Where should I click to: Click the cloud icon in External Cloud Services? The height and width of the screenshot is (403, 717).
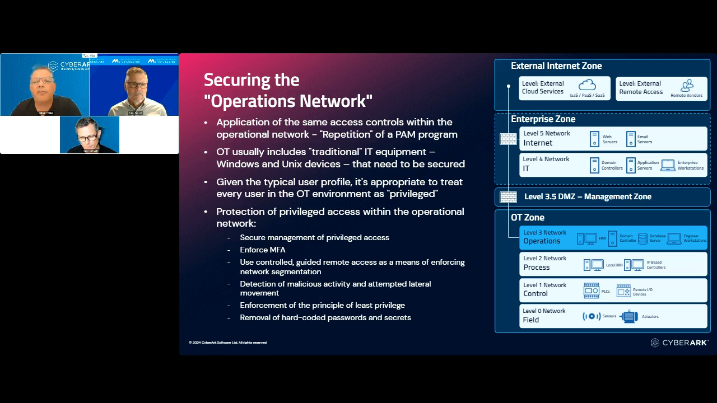coord(587,85)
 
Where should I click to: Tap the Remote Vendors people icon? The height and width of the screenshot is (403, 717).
coord(687,85)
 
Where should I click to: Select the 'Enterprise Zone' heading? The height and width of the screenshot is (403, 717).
coord(543,119)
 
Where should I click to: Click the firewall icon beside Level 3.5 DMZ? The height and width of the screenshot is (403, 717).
coord(508,197)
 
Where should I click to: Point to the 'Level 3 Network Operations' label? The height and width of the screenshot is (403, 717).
coord(544,237)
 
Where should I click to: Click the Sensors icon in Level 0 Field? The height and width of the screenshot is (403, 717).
coord(592,316)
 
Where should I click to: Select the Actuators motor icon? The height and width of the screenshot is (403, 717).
coord(629,316)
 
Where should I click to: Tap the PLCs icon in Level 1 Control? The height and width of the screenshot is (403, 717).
coord(592,290)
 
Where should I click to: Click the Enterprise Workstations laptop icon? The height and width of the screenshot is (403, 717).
coord(668,165)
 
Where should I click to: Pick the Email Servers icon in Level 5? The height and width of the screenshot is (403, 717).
coord(631,139)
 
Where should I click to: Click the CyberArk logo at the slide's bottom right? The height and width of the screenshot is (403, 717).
coord(679,343)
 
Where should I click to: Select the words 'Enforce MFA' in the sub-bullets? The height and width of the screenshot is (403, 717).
coord(263,250)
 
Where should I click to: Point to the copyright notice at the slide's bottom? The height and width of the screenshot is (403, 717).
coord(227,343)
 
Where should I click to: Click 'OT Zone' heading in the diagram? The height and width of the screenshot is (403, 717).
coord(527,218)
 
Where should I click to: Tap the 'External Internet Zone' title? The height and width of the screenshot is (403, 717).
coord(556,66)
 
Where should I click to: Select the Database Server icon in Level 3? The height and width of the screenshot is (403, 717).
coord(642,238)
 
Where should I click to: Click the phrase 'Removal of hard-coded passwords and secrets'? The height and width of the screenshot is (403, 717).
coord(325,318)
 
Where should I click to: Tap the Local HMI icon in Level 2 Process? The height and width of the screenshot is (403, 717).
coord(594,265)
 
